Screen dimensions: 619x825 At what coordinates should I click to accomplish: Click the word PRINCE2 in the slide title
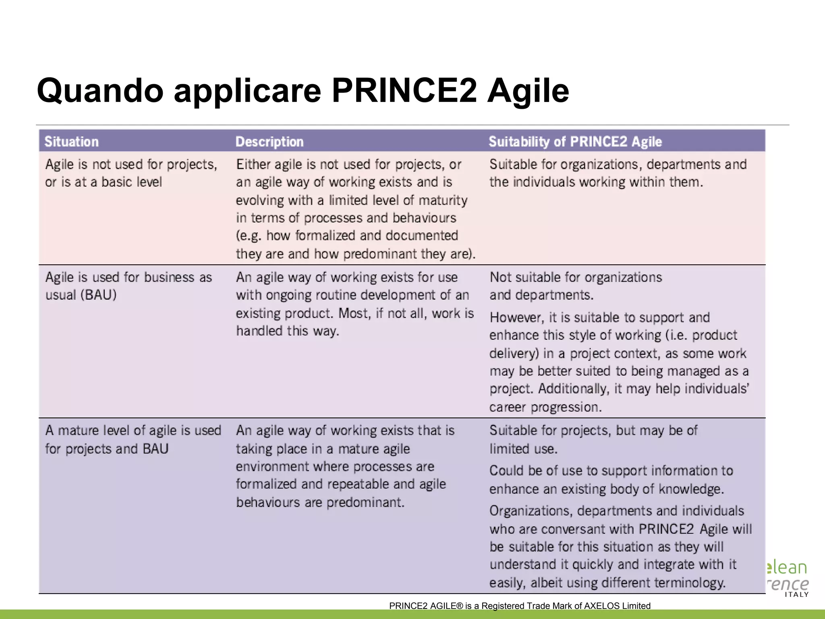point(404,90)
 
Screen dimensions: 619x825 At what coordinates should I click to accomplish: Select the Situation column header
point(71,141)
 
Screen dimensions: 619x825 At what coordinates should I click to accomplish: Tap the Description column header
point(269,141)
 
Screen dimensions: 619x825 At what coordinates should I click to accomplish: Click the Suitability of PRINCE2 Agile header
point(575,141)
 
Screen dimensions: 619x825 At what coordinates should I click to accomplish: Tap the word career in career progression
point(507,407)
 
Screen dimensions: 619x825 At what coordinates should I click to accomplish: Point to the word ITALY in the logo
point(796,594)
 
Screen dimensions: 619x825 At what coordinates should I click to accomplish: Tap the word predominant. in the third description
point(365,503)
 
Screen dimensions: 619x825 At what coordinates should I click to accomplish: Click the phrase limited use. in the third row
point(523,449)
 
